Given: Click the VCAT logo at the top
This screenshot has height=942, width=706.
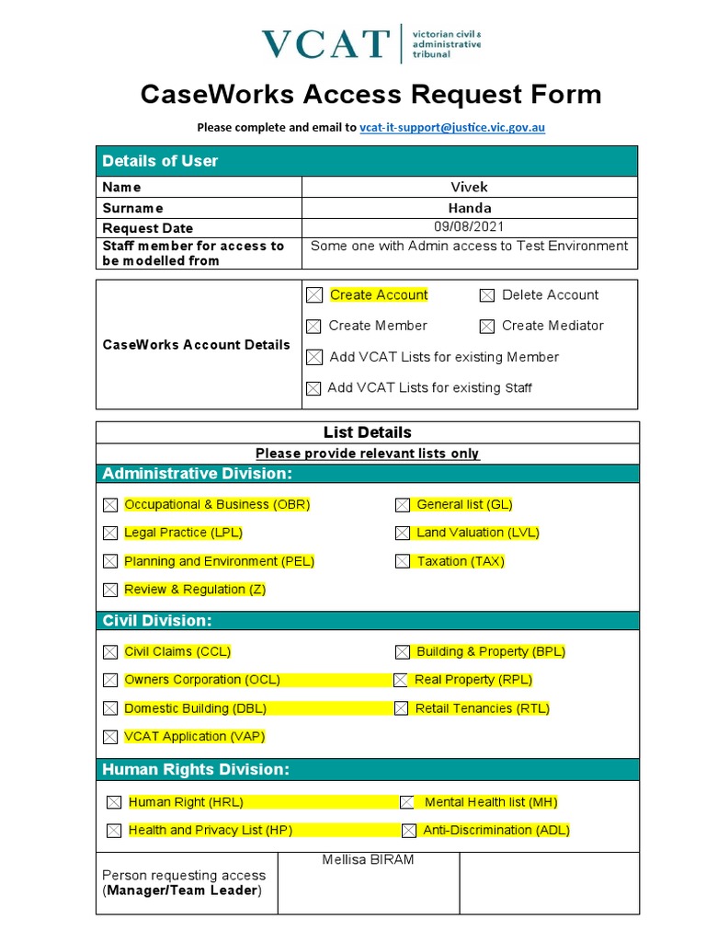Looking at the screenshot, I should click(x=370, y=43).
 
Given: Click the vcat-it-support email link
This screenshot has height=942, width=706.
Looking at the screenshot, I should click(x=451, y=127).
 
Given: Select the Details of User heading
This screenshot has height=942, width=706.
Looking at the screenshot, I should click(x=160, y=161).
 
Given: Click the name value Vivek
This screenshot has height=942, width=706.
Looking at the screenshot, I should click(x=469, y=187).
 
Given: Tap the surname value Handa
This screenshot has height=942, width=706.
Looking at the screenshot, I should click(x=469, y=208).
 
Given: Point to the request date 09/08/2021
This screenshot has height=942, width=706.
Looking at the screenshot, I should click(x=469, y=226).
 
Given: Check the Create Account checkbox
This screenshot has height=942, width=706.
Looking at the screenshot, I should click(x=314, y=295).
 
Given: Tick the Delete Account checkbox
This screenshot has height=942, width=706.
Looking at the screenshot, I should click(x=487, y=295).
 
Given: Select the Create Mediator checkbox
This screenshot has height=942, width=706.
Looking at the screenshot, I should click(x=487, y=326).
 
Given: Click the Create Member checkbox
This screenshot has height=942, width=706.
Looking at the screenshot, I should click(x=314, y=326).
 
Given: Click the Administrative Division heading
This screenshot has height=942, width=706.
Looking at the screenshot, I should click(x=197, y=474).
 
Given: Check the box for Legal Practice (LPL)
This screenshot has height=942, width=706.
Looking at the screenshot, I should click(x=110, y=533).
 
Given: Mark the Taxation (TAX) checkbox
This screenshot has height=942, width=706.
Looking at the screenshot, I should click(x=403, y=561).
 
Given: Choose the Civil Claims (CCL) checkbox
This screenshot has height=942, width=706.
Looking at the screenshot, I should click(x=110, y=652).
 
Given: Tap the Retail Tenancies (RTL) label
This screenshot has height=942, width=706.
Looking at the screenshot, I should click(x=482, y=708).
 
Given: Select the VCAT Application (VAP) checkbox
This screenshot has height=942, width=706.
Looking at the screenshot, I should click(x=110, y=737).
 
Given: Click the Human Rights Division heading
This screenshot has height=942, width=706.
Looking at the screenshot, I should click(x=195, y=770).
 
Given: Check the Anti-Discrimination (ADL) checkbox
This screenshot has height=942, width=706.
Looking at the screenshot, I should click(x=409, y=831).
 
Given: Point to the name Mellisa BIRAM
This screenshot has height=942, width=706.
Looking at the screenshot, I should click(x=368, y=860).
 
